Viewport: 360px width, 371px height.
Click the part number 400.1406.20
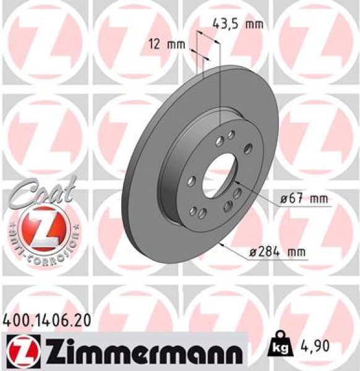[x=48, y=320]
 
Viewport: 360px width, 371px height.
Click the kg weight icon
[x=280, y=346]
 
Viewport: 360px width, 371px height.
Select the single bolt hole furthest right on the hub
[x=249, y=147]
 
